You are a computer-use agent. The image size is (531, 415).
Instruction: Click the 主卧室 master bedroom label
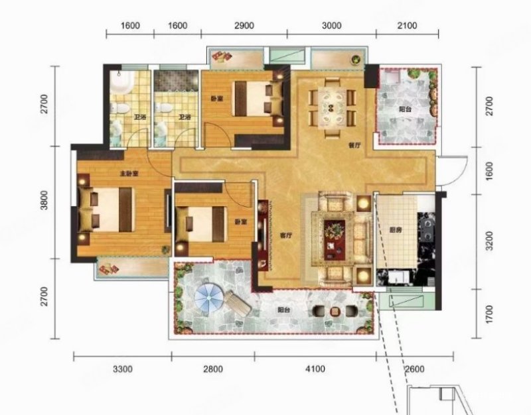pyautogui.click(x=128, y=174)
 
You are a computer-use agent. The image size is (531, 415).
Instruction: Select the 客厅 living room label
pyautogui.click(x=286, y=234)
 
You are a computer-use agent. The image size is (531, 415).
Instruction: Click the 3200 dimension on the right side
pyautogui.click(x=490, y=241)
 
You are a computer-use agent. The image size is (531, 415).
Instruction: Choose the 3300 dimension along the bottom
pyautogui.click(x=122, y=369)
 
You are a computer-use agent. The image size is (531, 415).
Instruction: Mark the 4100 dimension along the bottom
pyautogui.click(x=315, y=369)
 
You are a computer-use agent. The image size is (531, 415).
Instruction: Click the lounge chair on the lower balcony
pyautogui.click(x=236, y=303)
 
